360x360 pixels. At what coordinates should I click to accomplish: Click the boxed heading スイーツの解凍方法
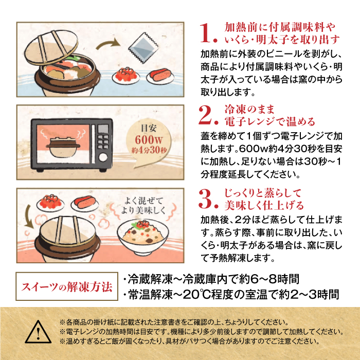(67, 286)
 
